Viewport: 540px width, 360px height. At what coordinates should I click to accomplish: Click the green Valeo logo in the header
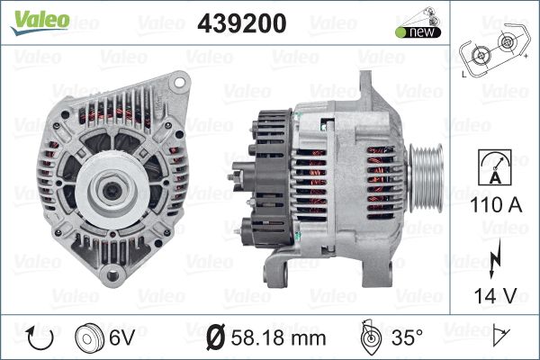(40, 22)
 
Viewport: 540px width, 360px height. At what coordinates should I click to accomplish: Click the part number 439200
(242, 23)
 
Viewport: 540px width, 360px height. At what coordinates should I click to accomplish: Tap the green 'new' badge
(418, 32)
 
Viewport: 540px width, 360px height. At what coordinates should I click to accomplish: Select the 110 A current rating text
(496, 204)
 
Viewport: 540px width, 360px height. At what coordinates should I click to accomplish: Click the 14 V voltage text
(496, 295)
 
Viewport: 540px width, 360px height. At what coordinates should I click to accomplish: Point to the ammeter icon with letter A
(495, 167)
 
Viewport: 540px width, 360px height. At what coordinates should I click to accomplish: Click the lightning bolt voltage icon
(494, 258)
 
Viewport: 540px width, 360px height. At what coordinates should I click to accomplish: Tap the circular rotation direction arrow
(40, 338)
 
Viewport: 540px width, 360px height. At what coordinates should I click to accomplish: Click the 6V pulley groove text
(121, 337)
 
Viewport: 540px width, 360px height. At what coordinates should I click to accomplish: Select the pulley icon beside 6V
(89, 337)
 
